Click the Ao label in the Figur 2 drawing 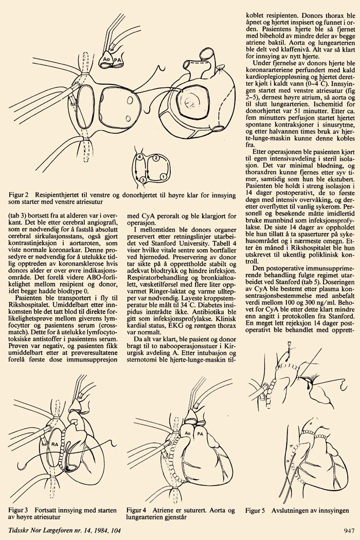106,60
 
